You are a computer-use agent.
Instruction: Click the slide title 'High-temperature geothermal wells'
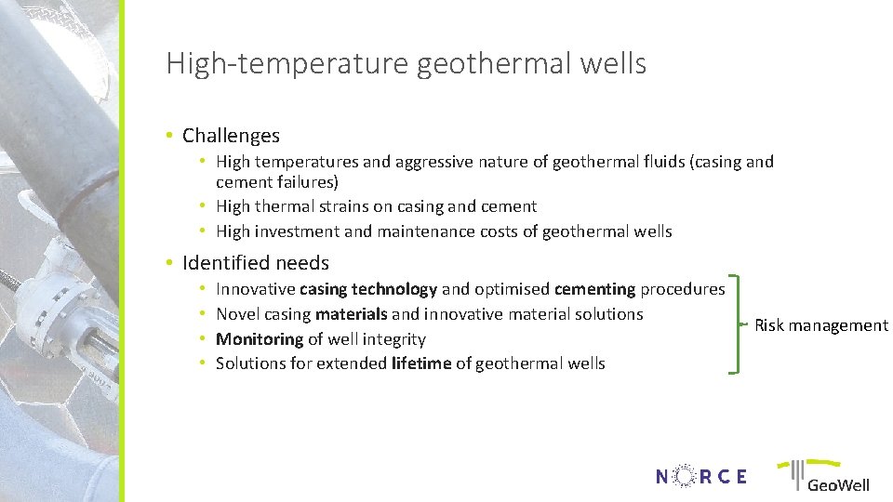pyautogui.click(x=406, y=64)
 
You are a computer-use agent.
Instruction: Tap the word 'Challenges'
pyautogui.click(x=231, y=136)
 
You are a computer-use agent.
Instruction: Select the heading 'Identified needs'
pyautogui.click(x=256, y=263)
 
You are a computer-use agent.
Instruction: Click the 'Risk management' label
pyautogui.click(x=820, y=325)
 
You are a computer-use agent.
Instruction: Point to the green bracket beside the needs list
pyautogui.click(x=737, y=324)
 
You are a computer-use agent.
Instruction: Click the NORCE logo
pyautogui.click(x=700, y=477)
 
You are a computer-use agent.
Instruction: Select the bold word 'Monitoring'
pyautogui.click(x=260, y=339)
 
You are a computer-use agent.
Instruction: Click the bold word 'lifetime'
pyautogui.click(x=421, y=363)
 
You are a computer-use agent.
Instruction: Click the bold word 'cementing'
pyautogui.click(x=594, y=290)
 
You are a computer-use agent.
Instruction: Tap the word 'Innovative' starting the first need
pyautogui.click(x=255, y=290)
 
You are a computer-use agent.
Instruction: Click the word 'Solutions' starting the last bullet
pyautogui.click(x=251, y=363)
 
